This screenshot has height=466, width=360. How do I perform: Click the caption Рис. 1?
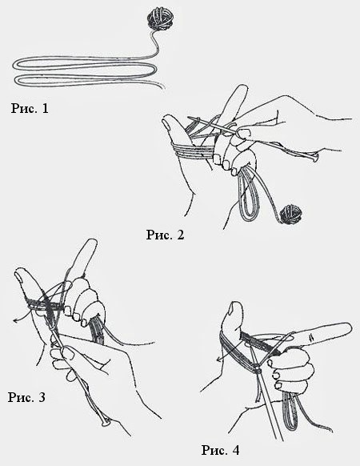point(30,108)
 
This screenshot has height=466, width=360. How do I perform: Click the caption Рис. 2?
point(165,235)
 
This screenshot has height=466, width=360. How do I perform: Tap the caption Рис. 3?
point(26,397)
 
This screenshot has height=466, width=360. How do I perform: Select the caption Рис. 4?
point(220,450)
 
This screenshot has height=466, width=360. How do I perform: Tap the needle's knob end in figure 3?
point(106,424)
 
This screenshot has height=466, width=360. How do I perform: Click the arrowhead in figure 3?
point(15,320)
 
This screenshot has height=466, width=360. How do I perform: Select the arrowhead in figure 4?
point(219,360)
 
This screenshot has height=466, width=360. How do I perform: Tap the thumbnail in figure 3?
point(19,277)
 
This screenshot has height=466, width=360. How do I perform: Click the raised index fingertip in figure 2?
point(242,88)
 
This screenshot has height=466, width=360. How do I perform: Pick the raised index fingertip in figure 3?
point(90,243)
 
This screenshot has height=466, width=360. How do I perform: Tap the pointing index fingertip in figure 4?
point(347,328)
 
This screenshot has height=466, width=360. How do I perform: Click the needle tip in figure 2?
point(190,119)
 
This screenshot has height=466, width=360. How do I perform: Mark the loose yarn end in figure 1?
point(163,88)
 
